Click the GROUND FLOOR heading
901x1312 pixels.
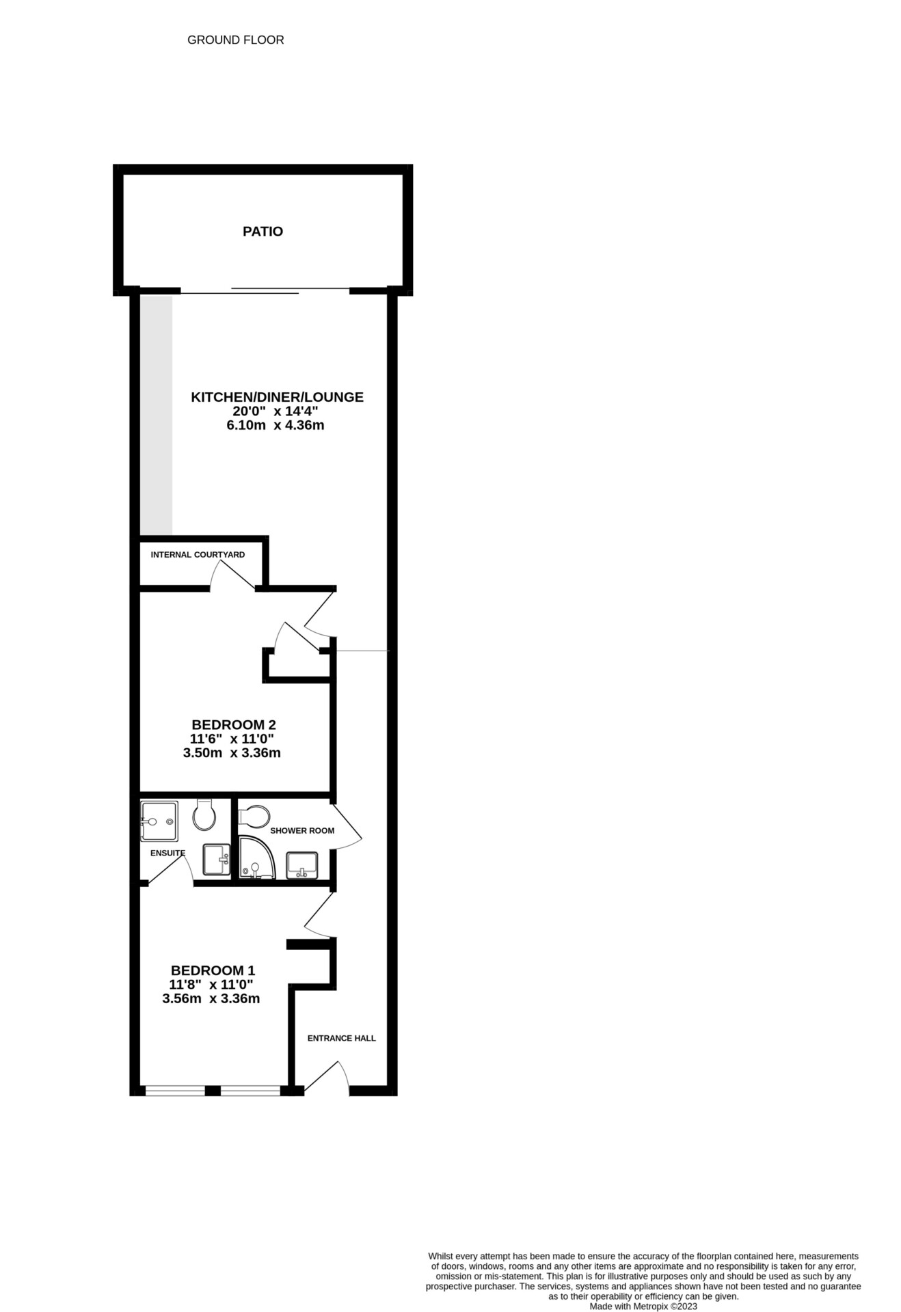coord(235,40)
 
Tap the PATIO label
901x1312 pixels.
coord(263,232)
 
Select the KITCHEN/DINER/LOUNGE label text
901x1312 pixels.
coord(277,397)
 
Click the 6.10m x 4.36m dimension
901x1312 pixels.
coord(275,426)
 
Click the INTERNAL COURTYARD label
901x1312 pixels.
coord(198,555)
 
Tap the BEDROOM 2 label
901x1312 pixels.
coord(233,724)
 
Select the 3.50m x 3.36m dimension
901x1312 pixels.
coord(232,753)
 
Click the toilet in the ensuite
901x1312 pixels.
coord(204,815)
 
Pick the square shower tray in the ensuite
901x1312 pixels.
coord(159,821)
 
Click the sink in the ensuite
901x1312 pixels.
coord(217,859)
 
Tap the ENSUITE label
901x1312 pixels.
coord(167,853)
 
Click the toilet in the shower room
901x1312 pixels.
coord(254,815)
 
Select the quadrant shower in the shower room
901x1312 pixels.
coord(256,858)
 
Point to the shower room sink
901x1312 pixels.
coord(301,864)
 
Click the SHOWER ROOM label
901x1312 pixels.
coord(302,831)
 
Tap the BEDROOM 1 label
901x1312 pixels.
coord(213,970)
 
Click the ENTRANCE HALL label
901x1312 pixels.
coord(341,1038)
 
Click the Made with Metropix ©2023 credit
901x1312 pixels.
coord(643,1306)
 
